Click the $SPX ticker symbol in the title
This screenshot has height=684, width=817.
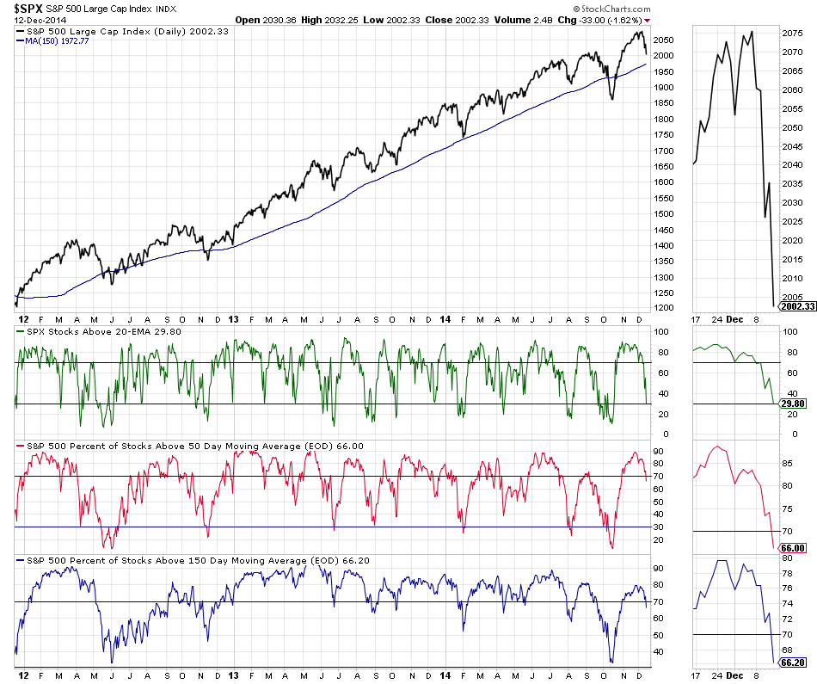click(x=28, y=8)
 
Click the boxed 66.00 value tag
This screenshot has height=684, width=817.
click(x=792, y=548)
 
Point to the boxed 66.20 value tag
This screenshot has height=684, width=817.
click(x=792, y=662)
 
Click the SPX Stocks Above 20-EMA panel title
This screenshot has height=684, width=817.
click(x=92, y=330)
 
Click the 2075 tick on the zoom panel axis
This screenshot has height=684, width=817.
click(x=793, y=34)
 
